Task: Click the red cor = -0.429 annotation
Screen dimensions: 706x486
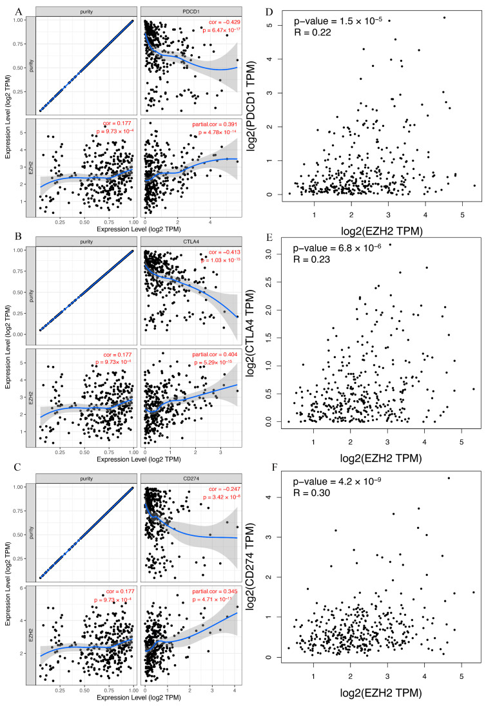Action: click(x=220, y=22)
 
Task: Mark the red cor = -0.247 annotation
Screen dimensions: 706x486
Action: click(x=220, y=490)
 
